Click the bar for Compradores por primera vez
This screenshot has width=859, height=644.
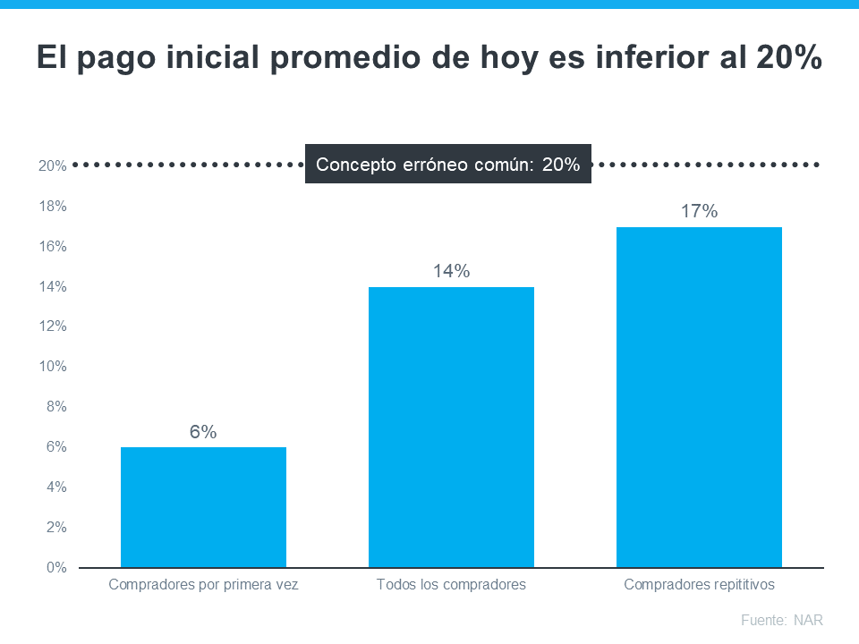pos(203,507)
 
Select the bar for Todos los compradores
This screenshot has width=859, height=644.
pos(451,427)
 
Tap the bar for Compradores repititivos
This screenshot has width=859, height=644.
pos(699,397)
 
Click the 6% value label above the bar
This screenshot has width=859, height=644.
pos(203,432)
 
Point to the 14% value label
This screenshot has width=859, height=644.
pos(451,271)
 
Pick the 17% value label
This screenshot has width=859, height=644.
pos(699,212)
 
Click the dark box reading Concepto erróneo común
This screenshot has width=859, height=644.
pos(448,165)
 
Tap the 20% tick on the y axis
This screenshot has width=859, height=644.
pos(52,166)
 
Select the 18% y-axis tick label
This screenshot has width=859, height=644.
pos(52,207)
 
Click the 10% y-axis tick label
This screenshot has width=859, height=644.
pos(52,367)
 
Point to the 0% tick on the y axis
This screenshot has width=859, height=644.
pos(55,568)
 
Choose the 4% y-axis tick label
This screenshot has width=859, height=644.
pos(55,487)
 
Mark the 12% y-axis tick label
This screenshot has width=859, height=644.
pos(52,326)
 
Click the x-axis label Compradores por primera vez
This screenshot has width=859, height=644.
pos(203,585)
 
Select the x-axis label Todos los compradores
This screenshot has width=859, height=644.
pos(451,585)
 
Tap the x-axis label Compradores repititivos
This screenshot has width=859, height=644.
pos(699,585)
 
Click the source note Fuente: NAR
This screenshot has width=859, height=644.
pos(781,620)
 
